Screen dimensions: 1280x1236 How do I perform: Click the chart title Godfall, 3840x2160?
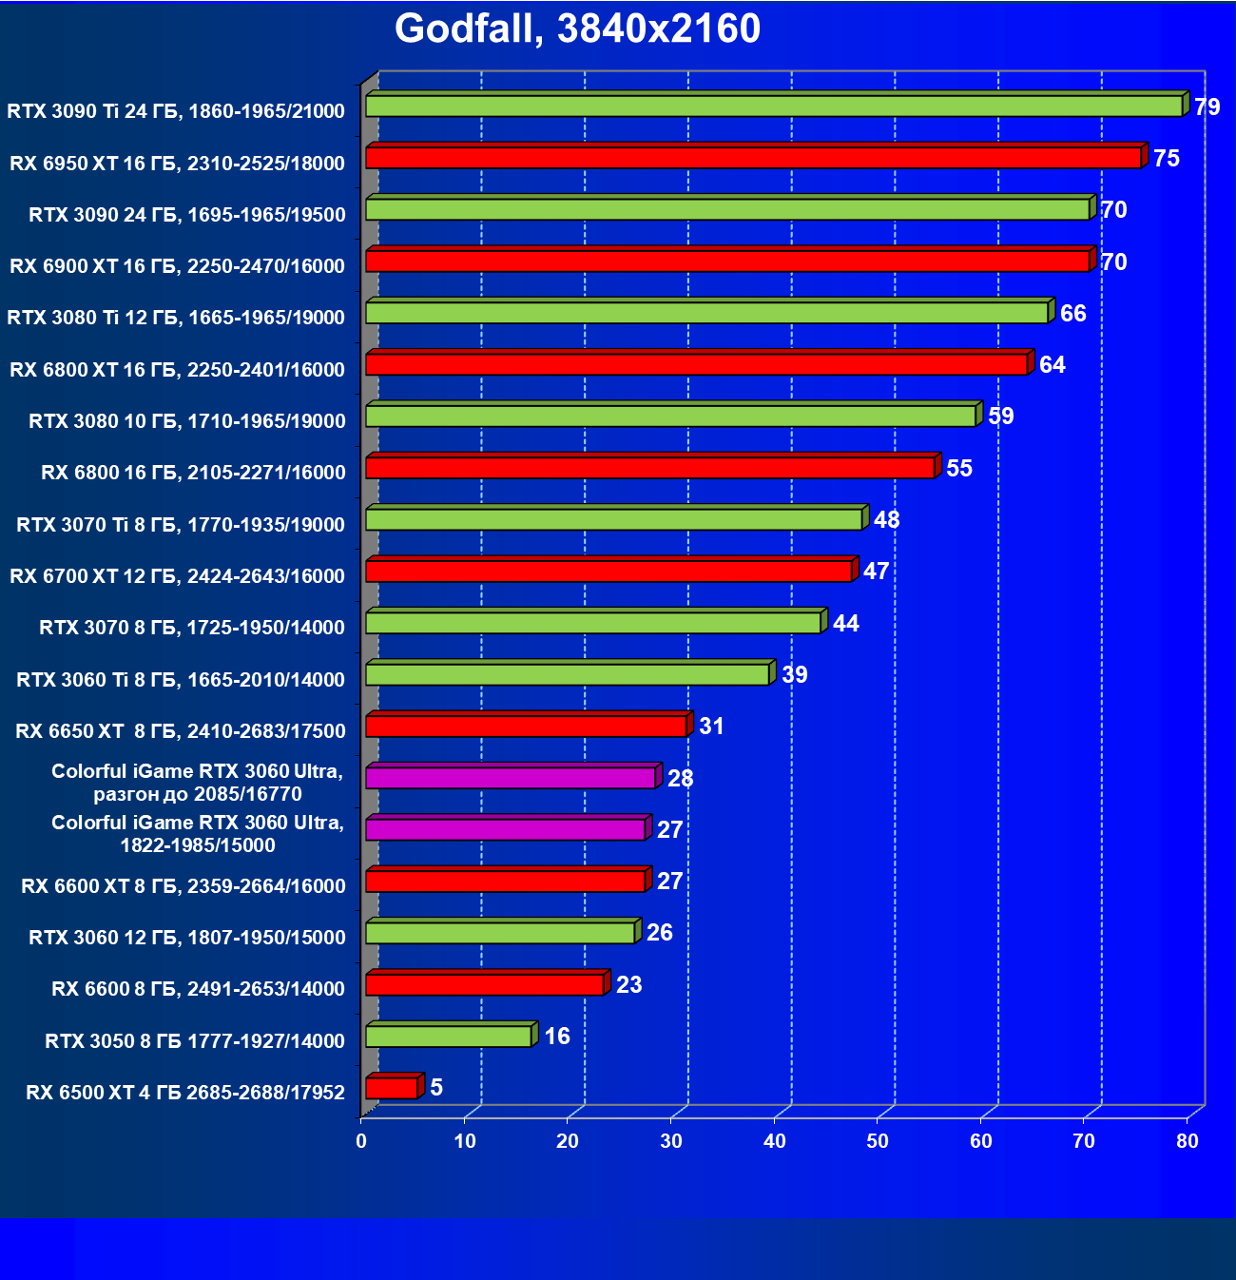coord(577,29)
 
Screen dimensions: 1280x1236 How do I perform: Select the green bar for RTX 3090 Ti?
coord(774,107)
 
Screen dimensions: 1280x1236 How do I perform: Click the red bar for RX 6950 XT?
coord(753,158)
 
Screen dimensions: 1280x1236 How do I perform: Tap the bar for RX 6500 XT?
coord(392,1088)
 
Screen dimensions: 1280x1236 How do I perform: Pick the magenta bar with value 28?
coord(511,778)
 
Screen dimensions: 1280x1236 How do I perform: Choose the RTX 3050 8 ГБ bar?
coord(449,1037)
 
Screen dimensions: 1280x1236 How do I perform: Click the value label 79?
coord(1207,107)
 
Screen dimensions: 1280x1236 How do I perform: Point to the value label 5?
coord(436,1087)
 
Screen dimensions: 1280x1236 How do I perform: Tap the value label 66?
coord(1072,314)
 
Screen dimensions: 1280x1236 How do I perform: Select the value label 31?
coord(711,727)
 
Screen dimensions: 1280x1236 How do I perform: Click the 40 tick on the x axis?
coord(775,1141)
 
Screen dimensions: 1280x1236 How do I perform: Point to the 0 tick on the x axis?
coord(361,1141)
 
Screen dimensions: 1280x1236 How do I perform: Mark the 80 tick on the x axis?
coord(1188,1141)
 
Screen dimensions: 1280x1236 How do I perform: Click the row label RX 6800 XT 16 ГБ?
coord(177,370)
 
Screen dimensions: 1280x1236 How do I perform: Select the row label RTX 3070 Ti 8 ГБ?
coord(181,525)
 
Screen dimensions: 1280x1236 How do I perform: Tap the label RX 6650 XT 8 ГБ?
coord(181,731)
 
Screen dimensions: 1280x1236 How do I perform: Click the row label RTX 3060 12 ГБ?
coord(187,938)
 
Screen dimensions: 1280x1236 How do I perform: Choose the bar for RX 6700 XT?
coord(608,572)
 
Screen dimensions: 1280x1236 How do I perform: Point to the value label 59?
coord(1001,417)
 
